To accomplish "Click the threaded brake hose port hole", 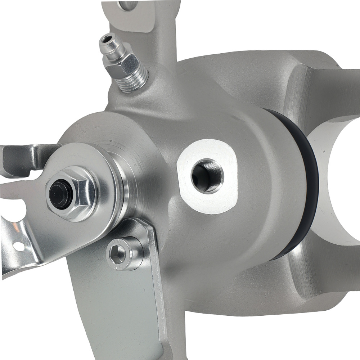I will click(x=207, y=176).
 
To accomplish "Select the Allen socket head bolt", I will click(x=122, y=254).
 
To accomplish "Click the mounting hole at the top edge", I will click(x=128, y=4).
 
